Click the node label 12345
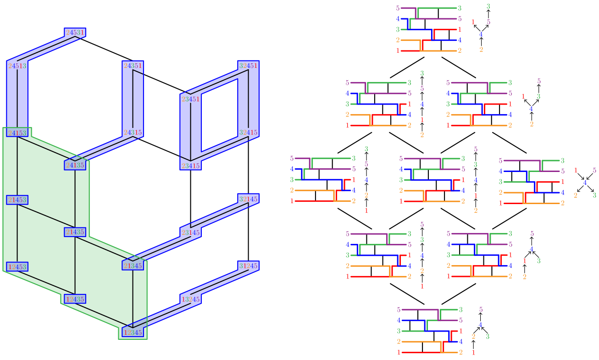pyautogui.click(x=133, y=332)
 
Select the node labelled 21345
pyautogui.click(x=133, y=266)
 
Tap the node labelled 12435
pyautogui.click(x=75, y=299)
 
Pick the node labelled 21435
pyautogui.click(x=75, y=232)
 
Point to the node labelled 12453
pyautogui.click(x=17, y=267)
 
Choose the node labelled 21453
pyautogui.click(x=17, y=200)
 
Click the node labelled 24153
pyautogui.click(x=17, y=133)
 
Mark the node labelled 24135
pyautogui.click(x=75, y=165)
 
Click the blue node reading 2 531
pyautogui.click(x=75, y=33)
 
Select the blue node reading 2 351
pyautogui.click(x=133, y=66)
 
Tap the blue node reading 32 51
pyautogui.click(x=248, y=66)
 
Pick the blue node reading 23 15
pyautogui.click(x=190, y=166)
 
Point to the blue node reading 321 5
pyautogui.click(x=248, y=199)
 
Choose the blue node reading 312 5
pyautogui.click(x=248, y=266)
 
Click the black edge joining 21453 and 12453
pyautogui.click(x=17, y=233)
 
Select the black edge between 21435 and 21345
pyautogui.click(x=104, y=249)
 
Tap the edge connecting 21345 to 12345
pyautogui.click(x=133, y=299)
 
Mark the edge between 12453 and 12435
pyautogui.click(x=46, y=283)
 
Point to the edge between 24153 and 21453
pyautogui.click(x=17, y=166)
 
